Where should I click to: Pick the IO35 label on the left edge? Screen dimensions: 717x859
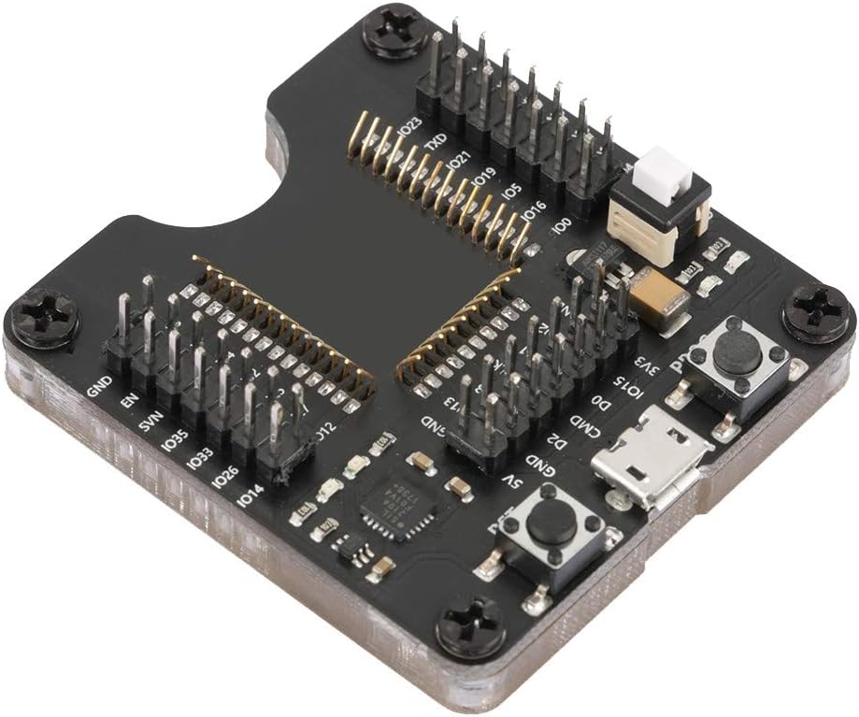click(x=174, y=439)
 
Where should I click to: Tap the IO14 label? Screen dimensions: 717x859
click(x=248, y=496)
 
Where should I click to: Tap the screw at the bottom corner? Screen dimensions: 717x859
click(x=472, y=626)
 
